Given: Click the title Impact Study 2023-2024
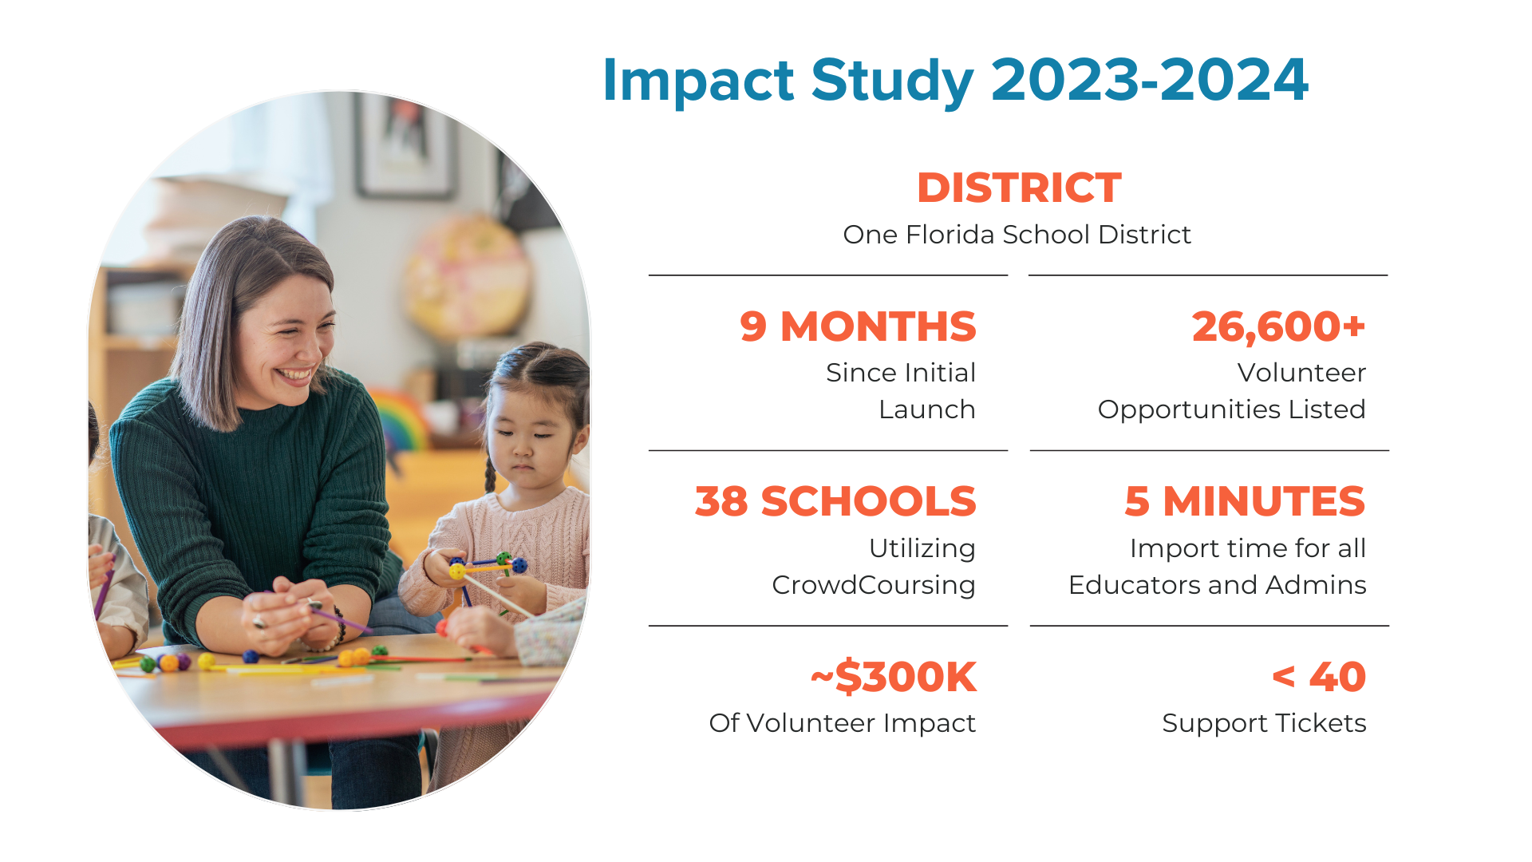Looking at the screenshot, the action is pyautogui.click(x=955, y=81).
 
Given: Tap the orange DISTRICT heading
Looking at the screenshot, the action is pyautogui.click(x=1019, y=188).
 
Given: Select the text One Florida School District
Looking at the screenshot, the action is pyautogui.click(x=1017, y=235).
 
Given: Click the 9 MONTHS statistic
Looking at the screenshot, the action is pyautogui.click(x=858, y=326).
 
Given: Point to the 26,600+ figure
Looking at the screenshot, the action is pyautogui.click(x=1278, y=327).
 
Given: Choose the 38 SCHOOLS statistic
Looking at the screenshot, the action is pyautogui.click(x=835, y=501).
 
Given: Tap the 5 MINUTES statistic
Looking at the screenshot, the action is pyautogui.click(x=1245, y=501).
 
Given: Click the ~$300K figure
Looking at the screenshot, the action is pyautogui.click(x=894, y=677).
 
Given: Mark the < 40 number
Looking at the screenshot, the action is pyautogui.click(x=1319, y=677).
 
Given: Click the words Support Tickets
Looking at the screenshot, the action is pyautogui.click(x=1264, y=723).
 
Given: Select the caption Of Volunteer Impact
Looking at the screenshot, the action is pyautogui.click(x=842, y=723).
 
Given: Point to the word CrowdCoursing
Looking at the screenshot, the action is pyautogui.click(x=874, y=585).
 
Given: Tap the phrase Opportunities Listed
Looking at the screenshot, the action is pyautogui.click(x=1231, y=409).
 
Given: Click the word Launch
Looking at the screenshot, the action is pyautogui.click(x=926, y=409).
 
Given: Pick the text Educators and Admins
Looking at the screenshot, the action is pyautogui.click(x=1217, y=585).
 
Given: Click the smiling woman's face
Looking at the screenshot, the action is pyautogui.click(x=287, y=335).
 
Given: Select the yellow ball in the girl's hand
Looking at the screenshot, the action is pyautogui.click(x=457, y=571).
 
